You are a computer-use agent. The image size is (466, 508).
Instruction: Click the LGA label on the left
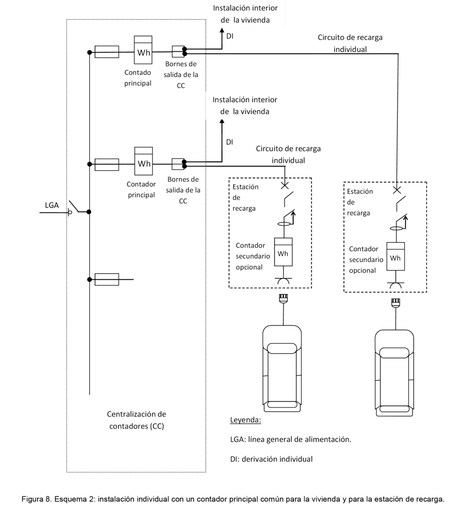[52, 205]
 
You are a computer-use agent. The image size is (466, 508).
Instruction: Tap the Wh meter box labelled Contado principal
[143, 50]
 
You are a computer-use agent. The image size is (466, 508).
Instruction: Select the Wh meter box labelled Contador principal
[144, 161]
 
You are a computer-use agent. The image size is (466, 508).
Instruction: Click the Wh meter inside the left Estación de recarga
[283, 252]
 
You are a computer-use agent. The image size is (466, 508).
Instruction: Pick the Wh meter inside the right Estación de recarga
[396, 256]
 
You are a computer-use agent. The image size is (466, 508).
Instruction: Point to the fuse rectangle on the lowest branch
[107, 279]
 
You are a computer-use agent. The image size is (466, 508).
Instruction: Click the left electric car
[282, 369]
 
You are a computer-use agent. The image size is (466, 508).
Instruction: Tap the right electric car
[395, 373]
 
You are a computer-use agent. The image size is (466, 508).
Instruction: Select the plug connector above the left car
[283, 298]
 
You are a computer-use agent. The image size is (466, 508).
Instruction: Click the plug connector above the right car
[396, 302]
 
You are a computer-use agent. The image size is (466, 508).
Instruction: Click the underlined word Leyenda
[246, 420]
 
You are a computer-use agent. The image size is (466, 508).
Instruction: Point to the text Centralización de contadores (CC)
[137, 420]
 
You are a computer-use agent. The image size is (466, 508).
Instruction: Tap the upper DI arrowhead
[222, 30]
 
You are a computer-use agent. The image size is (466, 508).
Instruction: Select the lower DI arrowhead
[222, 122]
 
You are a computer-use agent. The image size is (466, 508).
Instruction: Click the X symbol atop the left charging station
[284, 186]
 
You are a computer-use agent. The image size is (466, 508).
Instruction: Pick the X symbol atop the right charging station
[397, 190]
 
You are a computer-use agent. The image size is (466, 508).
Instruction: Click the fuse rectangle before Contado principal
[107, 52]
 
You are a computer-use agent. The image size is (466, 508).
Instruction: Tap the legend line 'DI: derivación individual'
[272, 459]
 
